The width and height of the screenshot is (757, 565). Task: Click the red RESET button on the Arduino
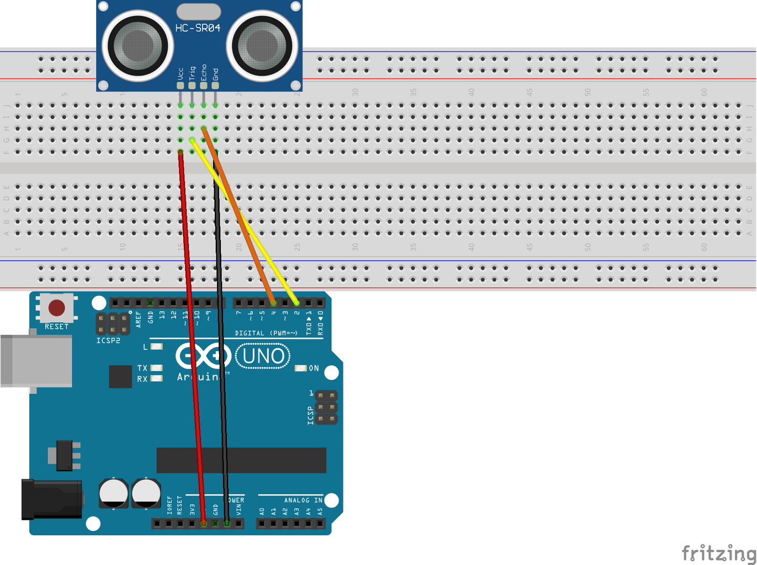[56, 308]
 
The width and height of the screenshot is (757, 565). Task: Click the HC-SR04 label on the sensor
[198, 28]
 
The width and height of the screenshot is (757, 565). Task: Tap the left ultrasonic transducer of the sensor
[137, 45]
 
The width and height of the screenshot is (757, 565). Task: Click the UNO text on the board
[263, 356]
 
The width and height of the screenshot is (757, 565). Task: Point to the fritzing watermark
[718, 552]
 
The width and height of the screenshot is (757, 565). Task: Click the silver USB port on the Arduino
[36, 361]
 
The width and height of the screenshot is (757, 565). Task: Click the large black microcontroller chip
[241, 460]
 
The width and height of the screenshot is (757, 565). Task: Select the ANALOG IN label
[303, 500]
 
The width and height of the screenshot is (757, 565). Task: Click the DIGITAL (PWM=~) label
[266, 333]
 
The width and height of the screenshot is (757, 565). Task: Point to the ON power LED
[301, 368]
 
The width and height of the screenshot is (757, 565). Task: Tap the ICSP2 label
[108, 341]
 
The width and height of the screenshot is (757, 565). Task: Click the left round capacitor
[114, 493]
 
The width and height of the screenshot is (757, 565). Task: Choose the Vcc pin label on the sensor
[181, 73]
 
